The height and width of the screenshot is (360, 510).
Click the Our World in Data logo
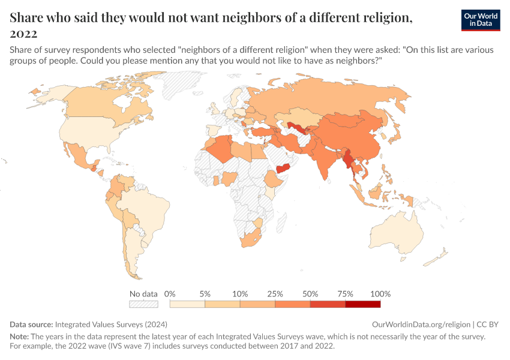[481, 20]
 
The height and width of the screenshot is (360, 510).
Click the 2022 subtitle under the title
[23, 34]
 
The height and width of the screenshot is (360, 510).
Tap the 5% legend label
[205, 294]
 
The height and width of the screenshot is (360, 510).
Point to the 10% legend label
[240, 294]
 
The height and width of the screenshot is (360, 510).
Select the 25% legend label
[275, 294]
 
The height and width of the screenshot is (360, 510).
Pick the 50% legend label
[310, 294]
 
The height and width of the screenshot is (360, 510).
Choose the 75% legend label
[346, 294]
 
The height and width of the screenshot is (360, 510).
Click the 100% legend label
[380, 294]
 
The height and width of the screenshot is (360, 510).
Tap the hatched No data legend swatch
[143, 304]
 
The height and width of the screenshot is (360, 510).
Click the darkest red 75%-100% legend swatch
[363, 304]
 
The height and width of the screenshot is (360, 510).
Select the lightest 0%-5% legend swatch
[188, 304]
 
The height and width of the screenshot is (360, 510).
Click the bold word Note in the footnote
[20, 337]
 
